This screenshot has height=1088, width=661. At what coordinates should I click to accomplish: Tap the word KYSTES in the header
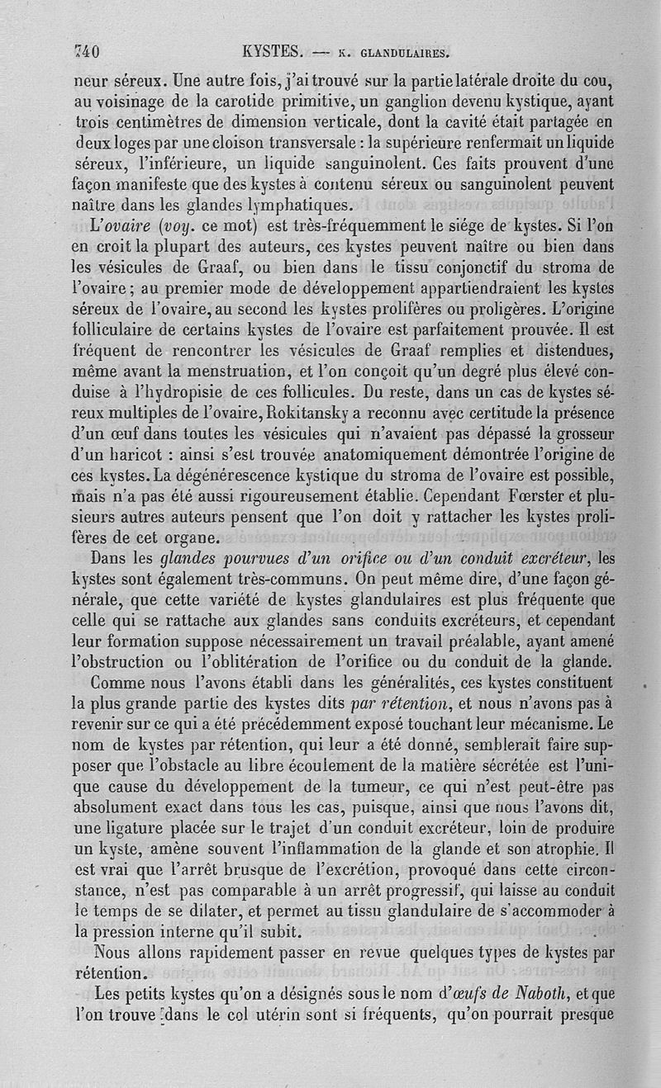click(271, 51)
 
